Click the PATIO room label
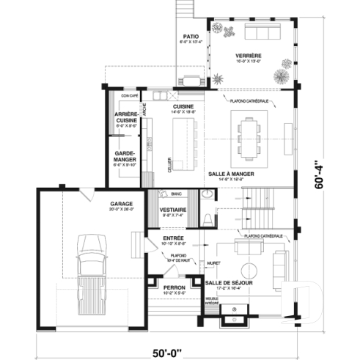(x=191, y=36)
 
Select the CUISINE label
(x=183, y=107)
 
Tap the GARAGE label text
(x=121, y=203)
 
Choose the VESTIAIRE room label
(x=172, y=210)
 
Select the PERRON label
(x=174, y=287)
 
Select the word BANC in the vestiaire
(x=176, y=195)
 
